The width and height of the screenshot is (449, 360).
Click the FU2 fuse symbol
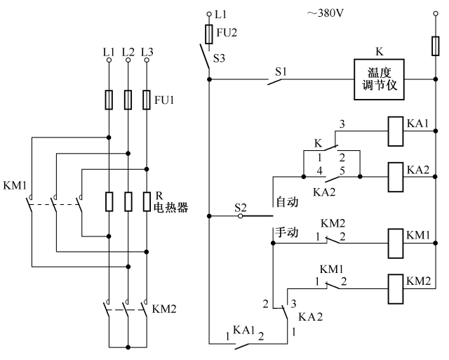(208, 34)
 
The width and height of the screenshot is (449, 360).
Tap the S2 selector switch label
(241, 208)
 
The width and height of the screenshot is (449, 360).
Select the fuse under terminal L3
(146, 99)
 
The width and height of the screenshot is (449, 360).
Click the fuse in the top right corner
(434, 46)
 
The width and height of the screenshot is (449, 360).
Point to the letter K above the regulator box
(379, 52)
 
